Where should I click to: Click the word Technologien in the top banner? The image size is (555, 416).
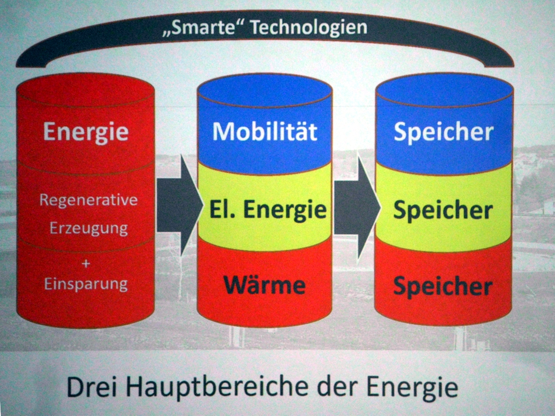tap(308, 28)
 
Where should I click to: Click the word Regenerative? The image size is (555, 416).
tap(88, 201)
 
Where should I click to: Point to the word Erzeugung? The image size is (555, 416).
tap(88, 229)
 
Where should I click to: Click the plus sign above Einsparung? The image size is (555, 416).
tap(86, 264)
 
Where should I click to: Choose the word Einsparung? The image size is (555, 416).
tap(86, 284)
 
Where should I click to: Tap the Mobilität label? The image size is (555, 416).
tap(265, 131)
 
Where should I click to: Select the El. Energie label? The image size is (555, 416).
tap(268, 210)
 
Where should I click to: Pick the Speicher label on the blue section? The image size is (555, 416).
tap(444, 133)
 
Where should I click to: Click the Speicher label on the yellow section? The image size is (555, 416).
tap(443, 212)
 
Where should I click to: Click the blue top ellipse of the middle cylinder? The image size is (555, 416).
tap(265, 91)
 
